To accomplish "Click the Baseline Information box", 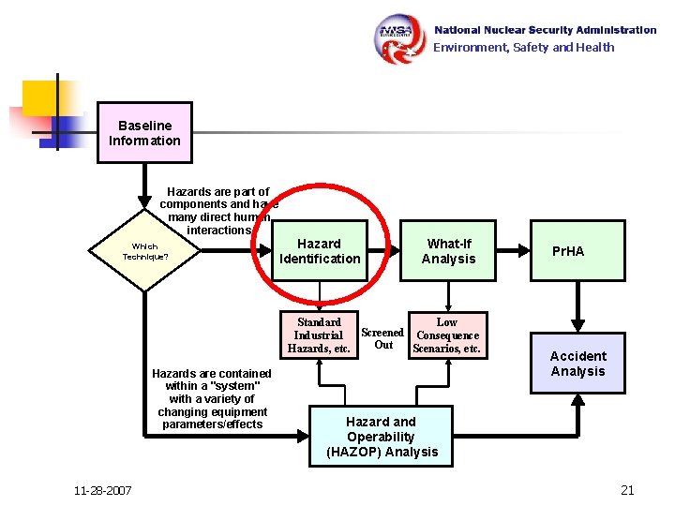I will click(144, 133).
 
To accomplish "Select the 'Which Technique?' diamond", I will click(144, 251).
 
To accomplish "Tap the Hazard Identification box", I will click(319, 251).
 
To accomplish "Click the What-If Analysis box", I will click(448, 251).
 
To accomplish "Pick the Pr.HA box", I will click(577, 251).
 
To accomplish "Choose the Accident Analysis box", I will click(577, 364).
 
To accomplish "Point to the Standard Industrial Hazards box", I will click(319, 335).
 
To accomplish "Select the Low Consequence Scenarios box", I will click(447, 335).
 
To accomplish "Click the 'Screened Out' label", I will click(382, 338).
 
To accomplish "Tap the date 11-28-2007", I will click(103, 491).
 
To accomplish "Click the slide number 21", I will click(627, 490).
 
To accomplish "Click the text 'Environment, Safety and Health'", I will click(523, 47).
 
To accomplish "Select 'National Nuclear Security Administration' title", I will click(544, 30).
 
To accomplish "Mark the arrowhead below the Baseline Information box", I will click(144, 201).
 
